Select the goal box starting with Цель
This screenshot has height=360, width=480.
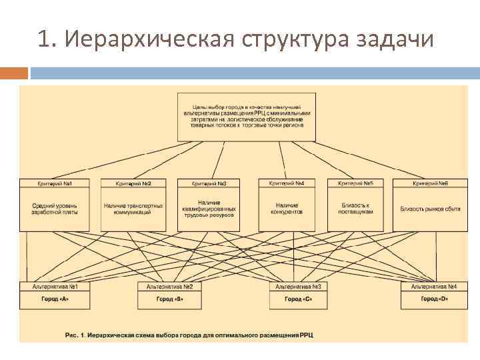tap(246, 117)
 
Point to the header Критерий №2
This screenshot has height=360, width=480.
tap(133, 183)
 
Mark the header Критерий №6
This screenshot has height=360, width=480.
tap(430, 183)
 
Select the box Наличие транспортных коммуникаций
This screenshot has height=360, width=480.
tap(133, 209)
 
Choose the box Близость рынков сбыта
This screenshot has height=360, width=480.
tap(430, 209)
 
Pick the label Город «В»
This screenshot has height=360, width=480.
tap(169, 299)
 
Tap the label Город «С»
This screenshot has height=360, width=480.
tap(298, 299)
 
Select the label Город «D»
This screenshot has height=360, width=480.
tap(434, 299)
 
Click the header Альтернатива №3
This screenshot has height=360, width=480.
tap(298, 287)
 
